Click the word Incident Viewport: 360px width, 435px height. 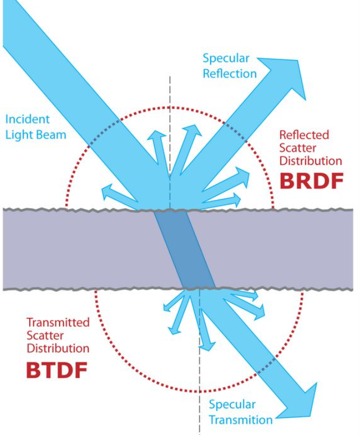pos(27,119)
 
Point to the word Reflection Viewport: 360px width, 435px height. pos(229,74)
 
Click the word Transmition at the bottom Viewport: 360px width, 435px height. pos(241,420)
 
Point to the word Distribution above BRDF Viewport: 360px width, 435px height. pos(310,161)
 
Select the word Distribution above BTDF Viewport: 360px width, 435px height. pos(58,348)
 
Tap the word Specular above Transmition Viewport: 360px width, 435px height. pos(232,405)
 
